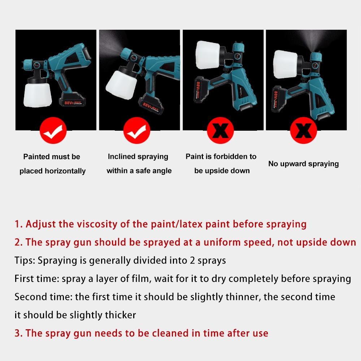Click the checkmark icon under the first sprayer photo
click(53, 131)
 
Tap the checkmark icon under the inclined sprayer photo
click(136, 131)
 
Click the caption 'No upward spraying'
click(303, 164)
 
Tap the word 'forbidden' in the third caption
click(231, 157)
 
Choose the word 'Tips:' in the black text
click(25, 261)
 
